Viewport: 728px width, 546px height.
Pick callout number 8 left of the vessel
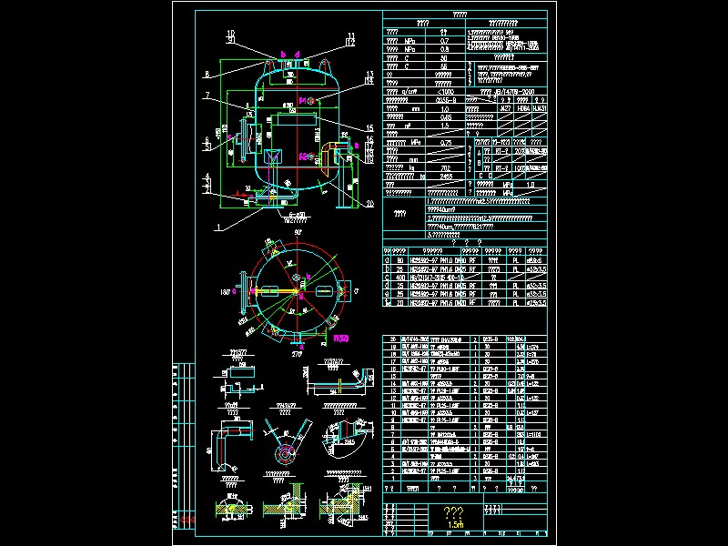click(207, 75)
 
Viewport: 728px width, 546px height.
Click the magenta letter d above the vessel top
click(282, 55)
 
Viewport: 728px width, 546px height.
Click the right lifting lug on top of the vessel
click(324, 64)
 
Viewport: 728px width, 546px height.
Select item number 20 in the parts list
click(394, 339)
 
